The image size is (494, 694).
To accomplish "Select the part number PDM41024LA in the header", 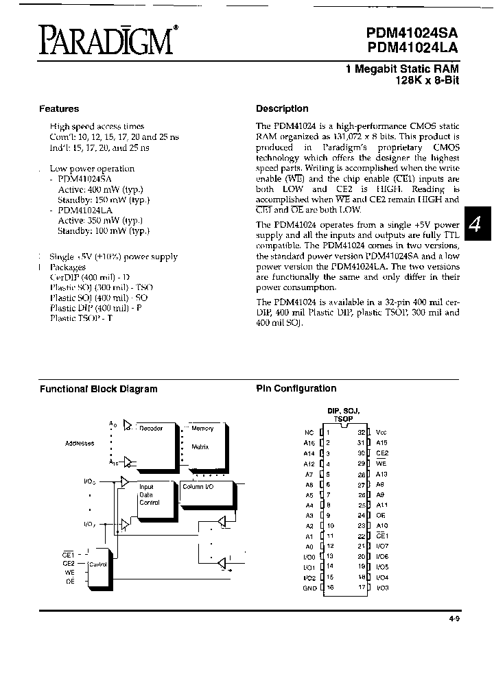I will [412, 48].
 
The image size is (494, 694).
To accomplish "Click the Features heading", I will [59, 108].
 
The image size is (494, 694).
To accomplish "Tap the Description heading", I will [282, 108].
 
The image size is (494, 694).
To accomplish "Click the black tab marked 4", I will [478, 224].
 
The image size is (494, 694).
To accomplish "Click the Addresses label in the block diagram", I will [80, 444].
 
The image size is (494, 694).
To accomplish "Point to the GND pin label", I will [309, 588].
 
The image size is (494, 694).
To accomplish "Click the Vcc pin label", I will [382, 433].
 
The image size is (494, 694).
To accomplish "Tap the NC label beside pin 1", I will [309, 433].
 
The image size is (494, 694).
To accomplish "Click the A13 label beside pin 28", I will [382, 474].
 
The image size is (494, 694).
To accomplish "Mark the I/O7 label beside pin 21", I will [382, 547].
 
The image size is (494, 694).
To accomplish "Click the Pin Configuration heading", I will [296, 388].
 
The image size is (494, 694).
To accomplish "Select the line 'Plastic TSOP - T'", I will [81, 318].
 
